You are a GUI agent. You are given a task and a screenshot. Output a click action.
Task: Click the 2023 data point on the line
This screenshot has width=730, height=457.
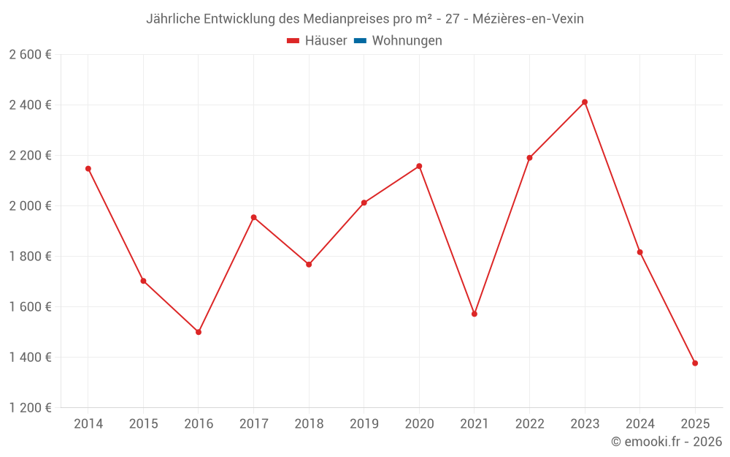tap(585, 102)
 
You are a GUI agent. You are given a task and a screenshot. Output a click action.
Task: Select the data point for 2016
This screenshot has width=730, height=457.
tap(199, 332)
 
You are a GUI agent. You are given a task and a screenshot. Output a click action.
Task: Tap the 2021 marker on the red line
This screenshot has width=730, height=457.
tap(474, 314)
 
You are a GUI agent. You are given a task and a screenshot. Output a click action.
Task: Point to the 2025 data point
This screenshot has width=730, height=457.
tap(695, 363)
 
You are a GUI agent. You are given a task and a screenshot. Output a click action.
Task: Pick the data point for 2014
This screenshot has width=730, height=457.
tap(88, 169)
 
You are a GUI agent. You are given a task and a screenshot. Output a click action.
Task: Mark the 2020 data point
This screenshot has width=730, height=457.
tap(419, 166)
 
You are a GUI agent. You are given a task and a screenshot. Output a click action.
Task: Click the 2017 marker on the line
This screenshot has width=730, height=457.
tap(253, 217)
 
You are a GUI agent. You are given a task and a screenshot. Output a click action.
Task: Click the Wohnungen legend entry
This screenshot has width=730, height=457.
tap(407, 41)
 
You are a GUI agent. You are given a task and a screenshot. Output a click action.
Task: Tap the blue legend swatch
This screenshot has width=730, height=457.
tap(359, 41)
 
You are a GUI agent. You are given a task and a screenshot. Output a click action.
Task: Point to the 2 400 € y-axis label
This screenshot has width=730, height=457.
tap(31, 105)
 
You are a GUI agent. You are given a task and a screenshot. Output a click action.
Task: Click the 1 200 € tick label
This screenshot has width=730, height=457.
tap(31, 408)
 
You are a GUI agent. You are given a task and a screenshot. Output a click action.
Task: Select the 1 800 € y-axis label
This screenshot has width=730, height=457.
tap(31, 257)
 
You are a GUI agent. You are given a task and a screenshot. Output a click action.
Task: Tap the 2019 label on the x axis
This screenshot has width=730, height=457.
tap(364, 424)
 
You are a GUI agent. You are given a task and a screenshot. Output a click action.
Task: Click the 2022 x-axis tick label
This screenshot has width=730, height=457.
tap(530, 424)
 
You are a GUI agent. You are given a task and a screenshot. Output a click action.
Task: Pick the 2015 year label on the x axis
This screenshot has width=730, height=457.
tap(143, 424)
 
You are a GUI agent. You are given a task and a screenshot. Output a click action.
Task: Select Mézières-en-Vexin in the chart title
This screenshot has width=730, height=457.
tap(528, 19)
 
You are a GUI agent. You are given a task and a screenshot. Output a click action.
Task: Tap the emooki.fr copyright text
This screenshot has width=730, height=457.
tap(666, 442)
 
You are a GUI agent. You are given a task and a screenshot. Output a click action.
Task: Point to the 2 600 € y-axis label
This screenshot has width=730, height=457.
tap(31, 55)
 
